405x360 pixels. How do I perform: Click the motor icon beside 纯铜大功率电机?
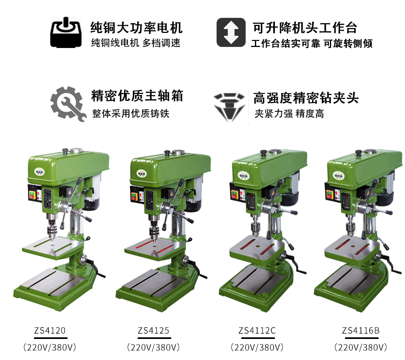(x=66, y=32)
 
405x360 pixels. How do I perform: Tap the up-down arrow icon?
(x=231, y=32)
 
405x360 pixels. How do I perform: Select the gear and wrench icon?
(x=68, y=104)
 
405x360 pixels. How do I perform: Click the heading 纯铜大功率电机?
(x=137, y=28)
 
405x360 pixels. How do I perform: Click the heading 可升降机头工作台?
(x=305, y=28)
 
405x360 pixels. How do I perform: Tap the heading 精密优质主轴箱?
(x=137, y=96)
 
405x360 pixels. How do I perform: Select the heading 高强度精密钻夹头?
(x=306, y=98)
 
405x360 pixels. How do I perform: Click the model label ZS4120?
(x=50, y=330)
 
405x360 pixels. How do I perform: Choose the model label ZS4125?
(x=153, y=330)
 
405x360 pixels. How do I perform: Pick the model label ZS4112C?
(x=257, y=330)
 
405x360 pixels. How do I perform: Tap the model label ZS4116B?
(x=361, y=330)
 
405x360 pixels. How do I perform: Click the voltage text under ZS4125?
(x=153, y=348)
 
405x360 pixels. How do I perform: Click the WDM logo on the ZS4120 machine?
(x=39, y=172)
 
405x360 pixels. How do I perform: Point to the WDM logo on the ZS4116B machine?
(x=338, y=176)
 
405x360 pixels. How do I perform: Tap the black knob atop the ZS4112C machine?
(x=264, y=153)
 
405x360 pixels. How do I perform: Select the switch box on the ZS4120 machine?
(x=35, y=193)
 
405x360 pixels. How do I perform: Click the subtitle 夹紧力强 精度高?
(x=289, y=114)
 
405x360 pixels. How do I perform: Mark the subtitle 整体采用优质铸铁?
(x=131, y=114)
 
